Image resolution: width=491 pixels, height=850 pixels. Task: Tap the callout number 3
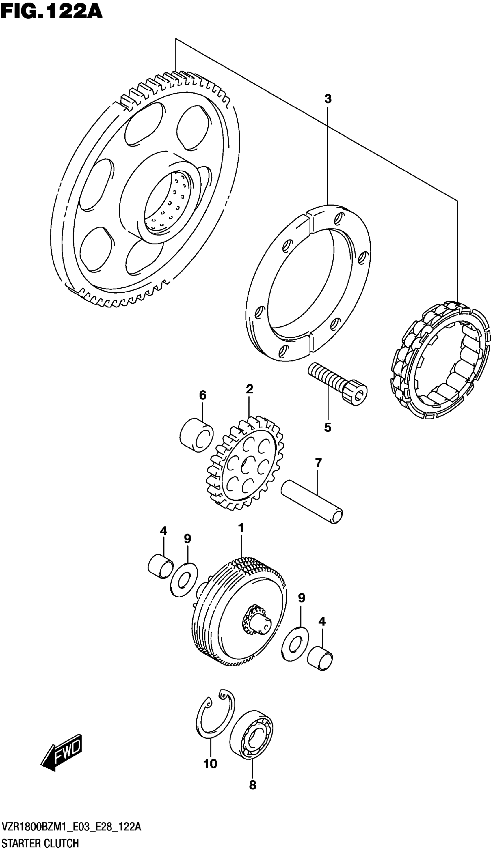(328, 99)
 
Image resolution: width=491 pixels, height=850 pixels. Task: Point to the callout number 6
(202, 395)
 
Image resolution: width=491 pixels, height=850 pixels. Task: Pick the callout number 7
(318, 463)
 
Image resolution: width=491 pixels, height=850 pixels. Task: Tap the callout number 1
(241, 528)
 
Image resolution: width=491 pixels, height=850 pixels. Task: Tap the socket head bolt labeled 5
(337, 383)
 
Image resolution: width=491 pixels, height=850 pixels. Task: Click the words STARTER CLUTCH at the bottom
(40, 841)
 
